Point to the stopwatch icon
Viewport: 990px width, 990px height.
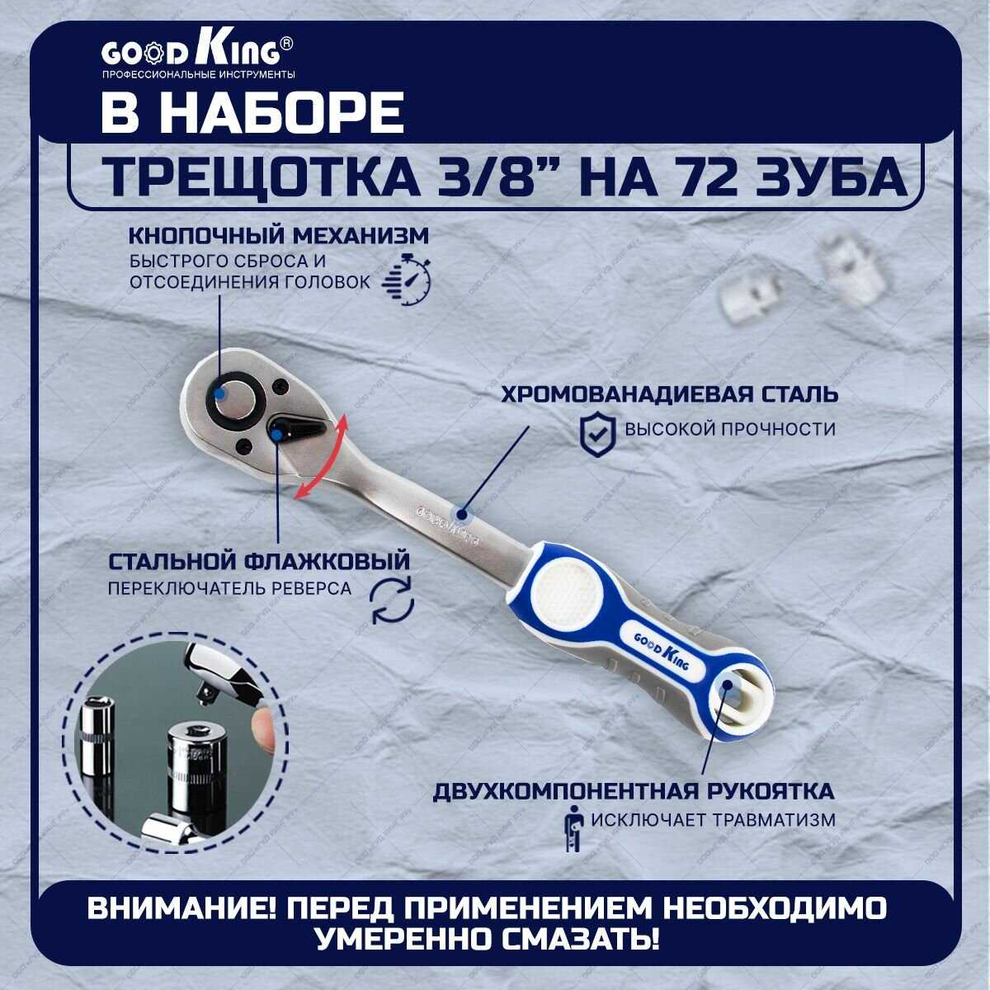point(407,280)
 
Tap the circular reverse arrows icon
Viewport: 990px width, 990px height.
point(393,599)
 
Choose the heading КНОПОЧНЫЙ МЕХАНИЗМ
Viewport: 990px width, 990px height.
point(279,236)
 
